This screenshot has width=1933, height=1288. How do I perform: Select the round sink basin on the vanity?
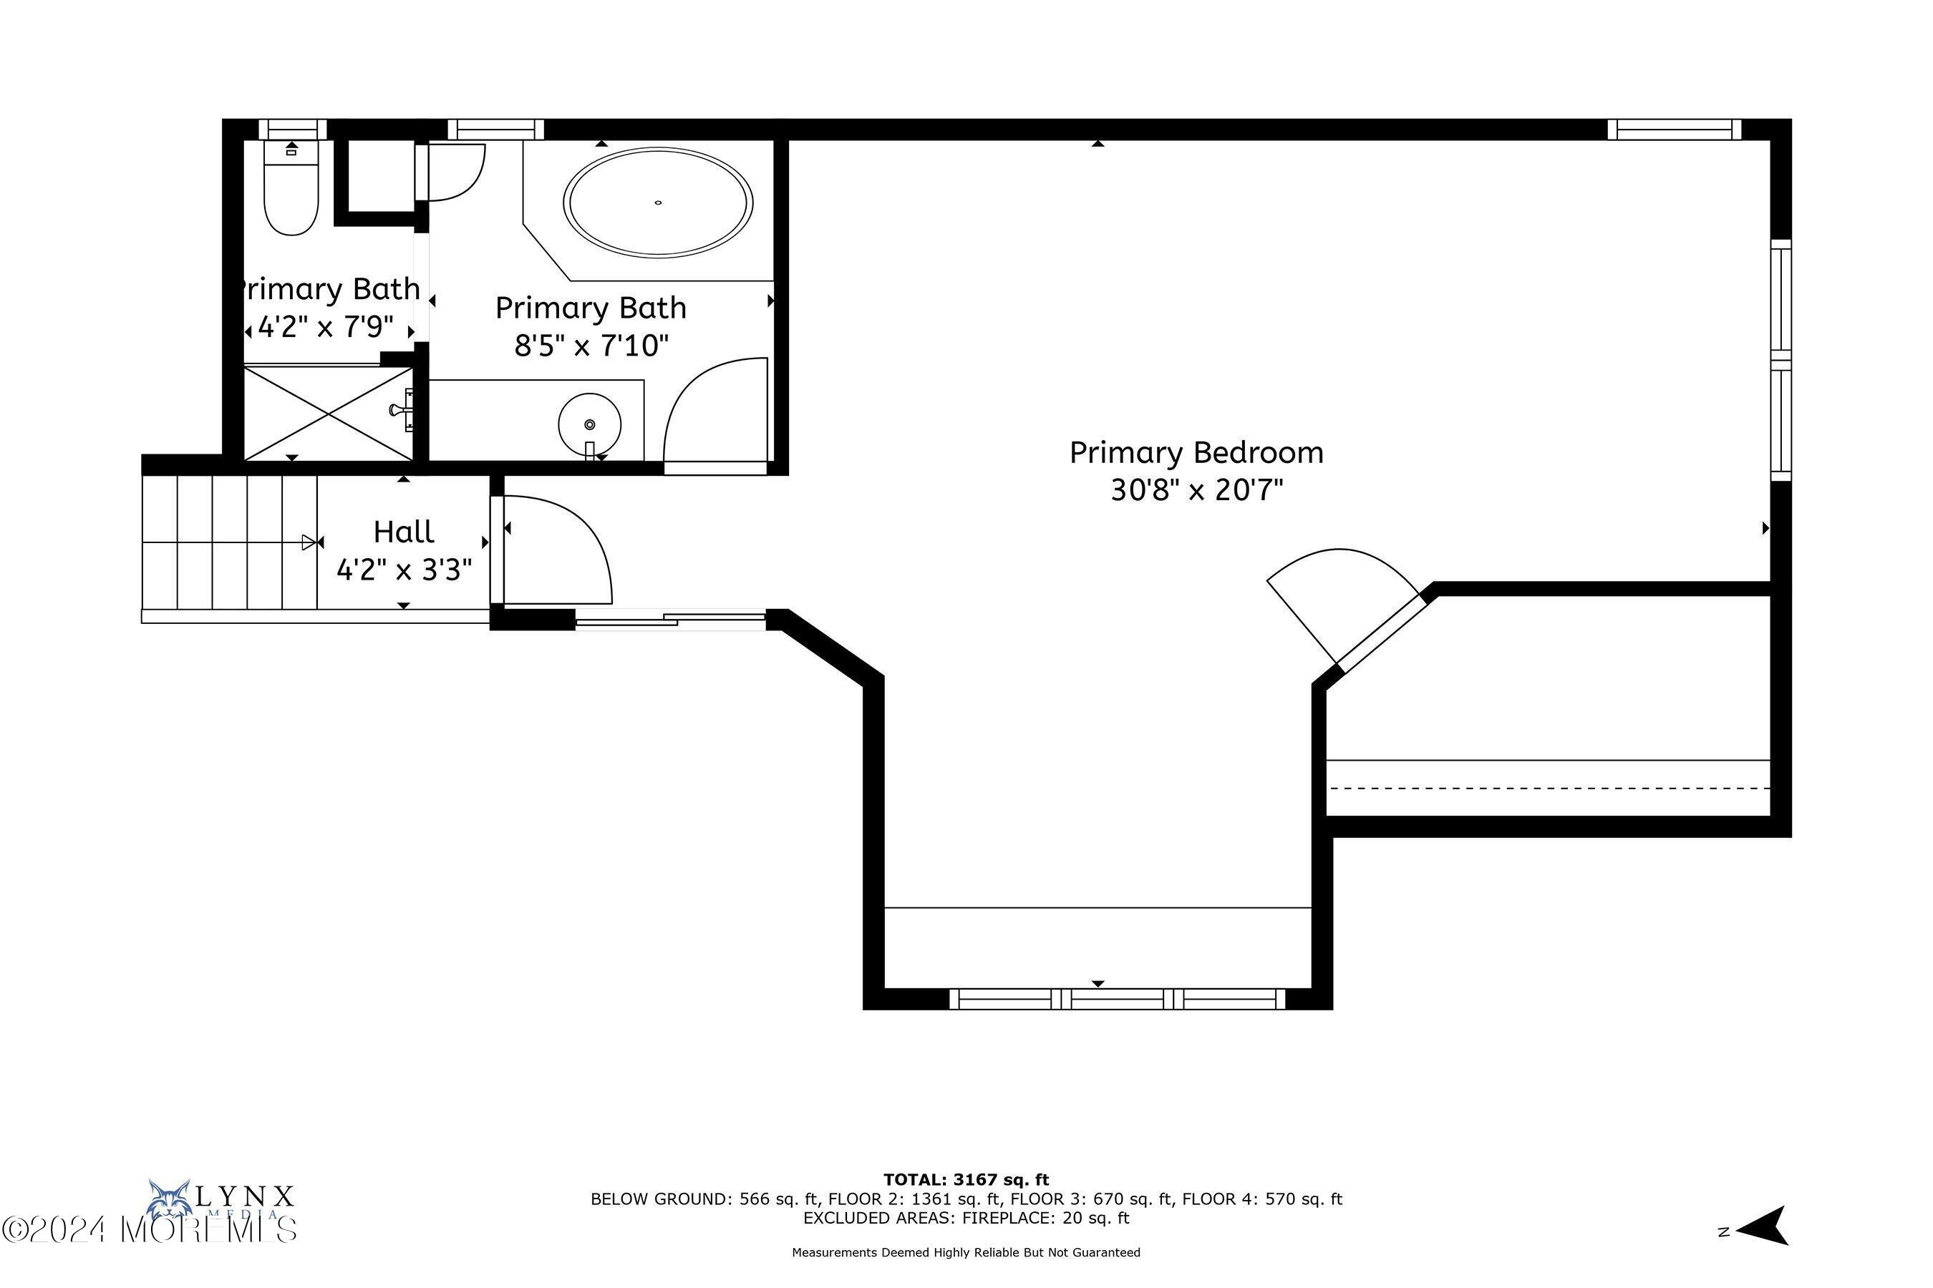click(589, 424)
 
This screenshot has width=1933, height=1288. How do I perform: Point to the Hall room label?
click(404, 532)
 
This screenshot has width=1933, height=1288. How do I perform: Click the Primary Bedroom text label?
click(1196, 453)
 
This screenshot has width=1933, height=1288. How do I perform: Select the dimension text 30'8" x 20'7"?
click(1196, 491)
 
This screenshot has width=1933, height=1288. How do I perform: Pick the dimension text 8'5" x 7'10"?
click(591, 346)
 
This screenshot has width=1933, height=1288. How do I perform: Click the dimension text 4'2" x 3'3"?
click(404, 570)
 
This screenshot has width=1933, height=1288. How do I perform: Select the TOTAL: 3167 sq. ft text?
click(966, 1181)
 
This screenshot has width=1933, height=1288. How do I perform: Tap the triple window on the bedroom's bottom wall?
click(1117, 999)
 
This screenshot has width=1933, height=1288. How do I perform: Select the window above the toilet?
click(293, 130)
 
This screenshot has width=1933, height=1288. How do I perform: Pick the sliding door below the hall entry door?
click(670, 621)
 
